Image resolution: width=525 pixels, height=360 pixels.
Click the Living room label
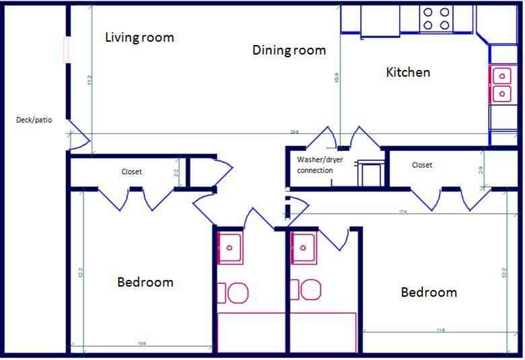pos(139,37)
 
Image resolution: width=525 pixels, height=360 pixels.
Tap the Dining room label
pos(289,50)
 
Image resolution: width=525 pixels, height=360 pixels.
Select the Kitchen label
pos(407,72)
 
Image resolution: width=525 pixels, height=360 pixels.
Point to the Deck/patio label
pos(34,120)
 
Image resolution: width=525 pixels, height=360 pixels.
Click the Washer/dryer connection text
pos(315,165)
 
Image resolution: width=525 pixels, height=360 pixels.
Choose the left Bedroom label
pos(145,282)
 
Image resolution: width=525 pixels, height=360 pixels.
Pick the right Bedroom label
pos(429,292)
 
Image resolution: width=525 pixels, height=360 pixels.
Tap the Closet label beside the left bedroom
pos(131,172)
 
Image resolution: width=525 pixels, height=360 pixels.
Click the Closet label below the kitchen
pos(421,165)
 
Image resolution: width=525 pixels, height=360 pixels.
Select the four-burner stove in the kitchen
pos(435,19)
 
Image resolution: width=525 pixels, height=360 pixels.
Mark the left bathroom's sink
pos(230,248)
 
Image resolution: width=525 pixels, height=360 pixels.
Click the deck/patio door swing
pos(77,135)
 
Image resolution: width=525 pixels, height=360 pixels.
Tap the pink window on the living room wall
pos(66,50)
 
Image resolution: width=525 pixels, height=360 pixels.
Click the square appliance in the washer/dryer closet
pos(371,174)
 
